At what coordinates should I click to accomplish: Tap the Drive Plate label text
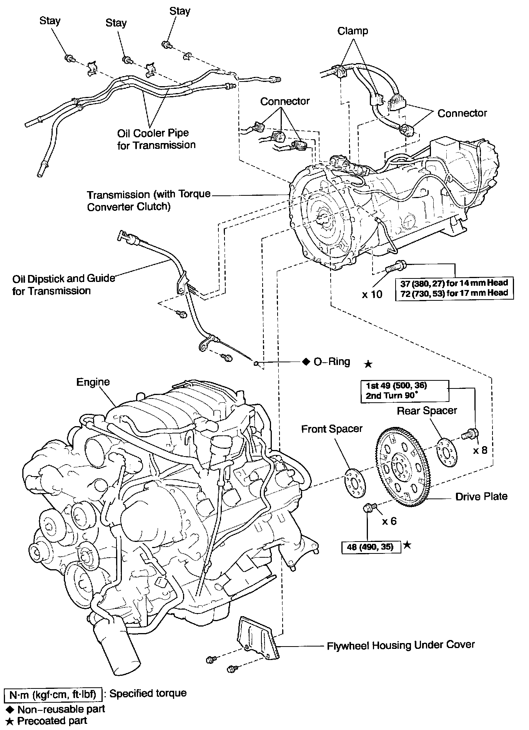click(481, 497)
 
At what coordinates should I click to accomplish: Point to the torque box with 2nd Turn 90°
click(404, 391)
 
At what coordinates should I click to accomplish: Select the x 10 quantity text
click(372, 295)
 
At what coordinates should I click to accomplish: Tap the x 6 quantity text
click(389, 521)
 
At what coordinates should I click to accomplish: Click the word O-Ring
click(332, 362)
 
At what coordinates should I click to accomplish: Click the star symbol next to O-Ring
click(368, 363)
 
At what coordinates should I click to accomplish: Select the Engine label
click(93, 382)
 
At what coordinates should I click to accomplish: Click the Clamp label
click(353, 31)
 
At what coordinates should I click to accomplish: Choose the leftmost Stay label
click(50, 21)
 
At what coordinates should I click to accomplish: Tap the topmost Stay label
click(180, 11)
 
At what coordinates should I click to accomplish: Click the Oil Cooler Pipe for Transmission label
click(156, 139)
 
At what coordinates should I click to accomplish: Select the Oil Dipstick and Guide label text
click(63, 284)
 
